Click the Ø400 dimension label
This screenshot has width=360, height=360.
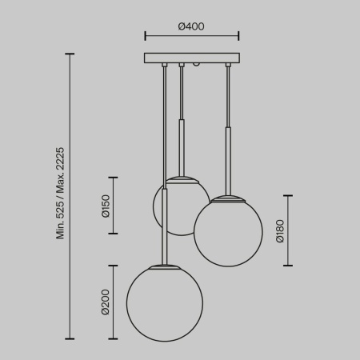190,26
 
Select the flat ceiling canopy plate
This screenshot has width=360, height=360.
191,58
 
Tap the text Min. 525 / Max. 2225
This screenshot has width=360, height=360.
61,193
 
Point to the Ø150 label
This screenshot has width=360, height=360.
105,206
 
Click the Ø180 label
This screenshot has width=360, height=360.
280,231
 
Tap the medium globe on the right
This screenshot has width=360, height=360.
228,232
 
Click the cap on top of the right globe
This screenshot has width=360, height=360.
228,197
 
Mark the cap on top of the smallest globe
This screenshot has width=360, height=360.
182,177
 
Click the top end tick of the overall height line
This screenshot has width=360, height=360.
70,54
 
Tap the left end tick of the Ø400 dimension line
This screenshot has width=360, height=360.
144,36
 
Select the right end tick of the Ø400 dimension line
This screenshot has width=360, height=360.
238,36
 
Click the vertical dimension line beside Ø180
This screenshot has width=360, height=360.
289,231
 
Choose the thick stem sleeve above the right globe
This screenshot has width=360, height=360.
228,161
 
